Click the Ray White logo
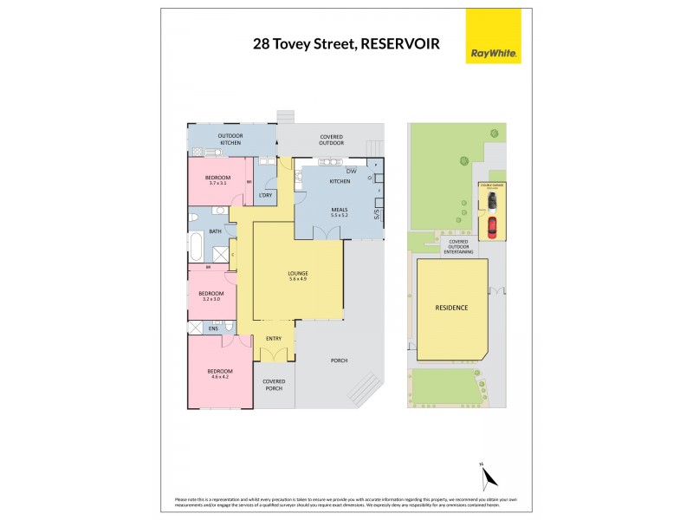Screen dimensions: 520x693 click(x=494, y=37)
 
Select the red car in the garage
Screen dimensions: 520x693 click(x=492, y=227)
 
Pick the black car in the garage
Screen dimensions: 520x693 click(x=492, y=202)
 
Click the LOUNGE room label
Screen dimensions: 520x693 click(x=298, y=276)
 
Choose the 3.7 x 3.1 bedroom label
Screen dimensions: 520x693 click(x=217, y=179)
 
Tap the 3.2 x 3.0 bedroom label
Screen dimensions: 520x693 click(x=211, y=296)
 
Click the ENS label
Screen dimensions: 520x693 click(x=213, y=329)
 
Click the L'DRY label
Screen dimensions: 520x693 click(x=266, y=195)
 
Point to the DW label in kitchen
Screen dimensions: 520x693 click(x=351, y=170)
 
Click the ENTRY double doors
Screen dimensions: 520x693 click(x=275, y=354)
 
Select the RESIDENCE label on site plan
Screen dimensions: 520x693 click(x=450, y=308)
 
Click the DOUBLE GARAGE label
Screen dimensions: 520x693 click(x=491, y=185)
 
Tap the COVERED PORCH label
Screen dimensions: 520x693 click(x=274, y=384)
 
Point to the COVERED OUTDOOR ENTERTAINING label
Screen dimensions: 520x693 click(x=455, y=246)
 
